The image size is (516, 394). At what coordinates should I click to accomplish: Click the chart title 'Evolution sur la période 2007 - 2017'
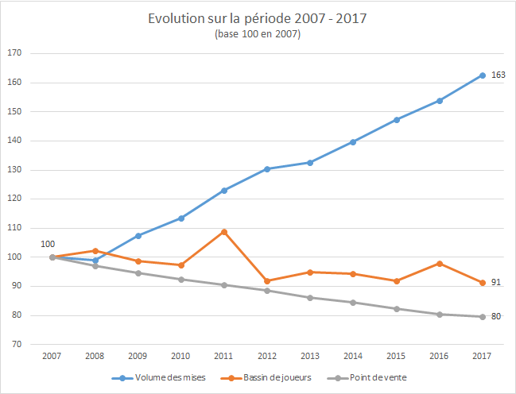257,18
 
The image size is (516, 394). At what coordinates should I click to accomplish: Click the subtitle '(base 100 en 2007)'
257,35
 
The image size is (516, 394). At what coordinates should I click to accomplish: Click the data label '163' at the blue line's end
499,75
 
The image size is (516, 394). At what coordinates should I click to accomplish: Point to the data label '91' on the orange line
496,283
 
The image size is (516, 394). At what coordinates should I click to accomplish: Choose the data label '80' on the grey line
496,317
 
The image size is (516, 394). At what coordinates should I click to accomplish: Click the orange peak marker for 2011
224,232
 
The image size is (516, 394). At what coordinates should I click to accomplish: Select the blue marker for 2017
483,75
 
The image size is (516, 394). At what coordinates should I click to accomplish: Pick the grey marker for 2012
267,291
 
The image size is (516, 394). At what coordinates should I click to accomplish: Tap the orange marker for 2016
440,264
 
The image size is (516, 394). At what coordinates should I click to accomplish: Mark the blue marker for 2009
138,236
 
